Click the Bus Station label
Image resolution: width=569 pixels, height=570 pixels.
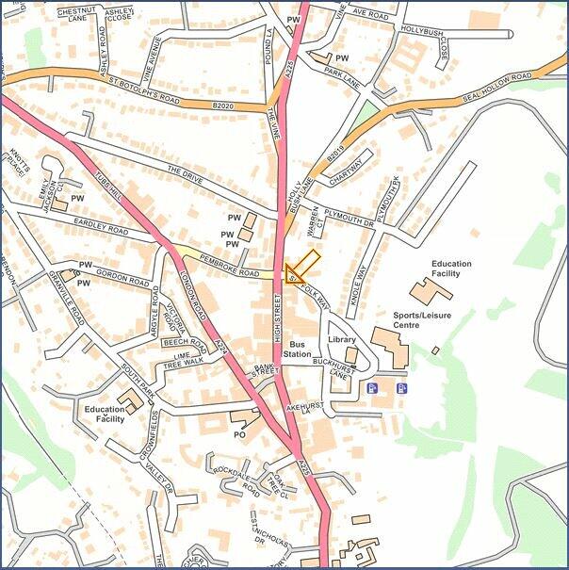click(299, 349)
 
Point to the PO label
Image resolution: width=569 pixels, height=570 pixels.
click(239, 434)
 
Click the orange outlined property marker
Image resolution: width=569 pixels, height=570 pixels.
click(301, 268)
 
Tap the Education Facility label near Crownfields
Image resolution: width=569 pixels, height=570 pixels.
click(104, 415)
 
